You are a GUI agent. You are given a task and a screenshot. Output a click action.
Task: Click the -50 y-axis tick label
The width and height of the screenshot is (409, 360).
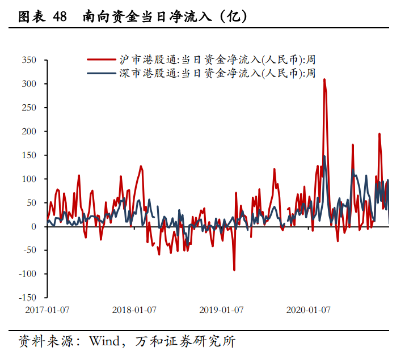pyautogui.click(x=28, y=251)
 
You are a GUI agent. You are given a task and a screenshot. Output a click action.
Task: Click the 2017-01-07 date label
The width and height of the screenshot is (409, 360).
pyautogui.click(x=47, y=310)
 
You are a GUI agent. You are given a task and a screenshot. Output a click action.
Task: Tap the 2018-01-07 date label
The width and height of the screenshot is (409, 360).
pyautogui.click(x=134, y=310)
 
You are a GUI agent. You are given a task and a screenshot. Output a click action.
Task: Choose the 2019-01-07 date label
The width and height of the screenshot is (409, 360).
pyautogui.click(x=221, y=310)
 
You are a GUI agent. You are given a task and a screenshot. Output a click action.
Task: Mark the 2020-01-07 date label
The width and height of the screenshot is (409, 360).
pyautogui.click(x=308, y=310)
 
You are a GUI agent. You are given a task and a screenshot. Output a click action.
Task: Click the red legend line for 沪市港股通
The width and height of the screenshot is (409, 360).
pyautogui.click(x=101, y=58)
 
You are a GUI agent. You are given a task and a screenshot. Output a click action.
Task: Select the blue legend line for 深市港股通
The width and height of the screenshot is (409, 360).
pyautogui.click(x=101, y=73)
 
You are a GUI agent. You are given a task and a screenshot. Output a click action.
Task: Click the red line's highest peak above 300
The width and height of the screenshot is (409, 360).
pyautogui.click(x=324, y=79)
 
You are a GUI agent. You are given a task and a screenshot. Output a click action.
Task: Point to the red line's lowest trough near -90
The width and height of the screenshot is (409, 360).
pyautogui.click(x=234, y=270)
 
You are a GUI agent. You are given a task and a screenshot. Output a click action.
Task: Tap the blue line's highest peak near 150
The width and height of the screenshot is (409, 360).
pyautogui.click(x=324, y=156)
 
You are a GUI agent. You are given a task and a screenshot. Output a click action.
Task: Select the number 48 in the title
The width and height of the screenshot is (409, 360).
pyautogui.click(x=59, y=17)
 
